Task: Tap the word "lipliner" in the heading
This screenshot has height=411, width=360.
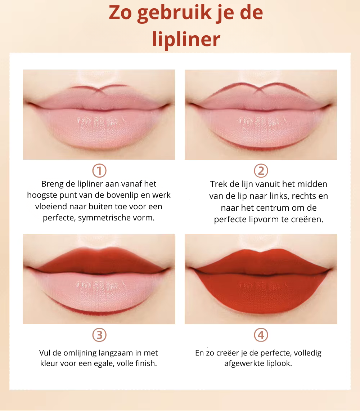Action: [x=186, y=39]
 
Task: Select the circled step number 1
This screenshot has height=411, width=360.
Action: [x=99, y=171]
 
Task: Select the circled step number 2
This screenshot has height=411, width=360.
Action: [x=261, y=171]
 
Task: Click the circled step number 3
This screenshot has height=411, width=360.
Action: [x=99, y=335]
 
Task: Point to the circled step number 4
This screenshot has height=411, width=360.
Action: [x=261, y=335]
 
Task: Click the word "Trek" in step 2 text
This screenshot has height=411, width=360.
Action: [x=218, y=184]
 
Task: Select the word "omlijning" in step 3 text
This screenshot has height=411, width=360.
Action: [x=84, y=353]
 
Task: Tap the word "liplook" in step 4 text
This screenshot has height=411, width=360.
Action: [x=278, y=363]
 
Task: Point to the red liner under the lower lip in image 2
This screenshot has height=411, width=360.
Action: [x=261, y=147]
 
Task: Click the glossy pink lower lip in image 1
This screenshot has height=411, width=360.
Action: [x=99, y=128]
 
